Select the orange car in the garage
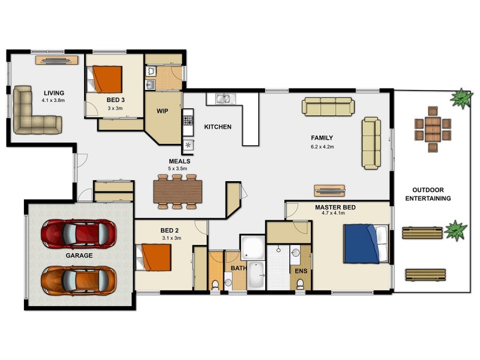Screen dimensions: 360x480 (x=78, y=278)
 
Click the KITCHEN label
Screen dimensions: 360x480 (x=218, y=127)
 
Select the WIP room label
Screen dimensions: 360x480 (x=163, y=111)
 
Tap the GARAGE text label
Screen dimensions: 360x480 (x=79, y=256)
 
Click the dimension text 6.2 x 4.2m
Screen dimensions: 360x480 (x=322, y=146)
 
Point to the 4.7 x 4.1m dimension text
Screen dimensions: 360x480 (x=335, y=214)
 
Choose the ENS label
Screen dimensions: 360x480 (x=301, y=271)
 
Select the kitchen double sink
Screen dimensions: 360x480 (x=223, y=98)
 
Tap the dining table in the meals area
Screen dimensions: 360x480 (x=178, y=191)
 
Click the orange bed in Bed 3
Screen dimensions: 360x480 (x=109, y=78)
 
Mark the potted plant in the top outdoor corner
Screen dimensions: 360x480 (x=461, y=97)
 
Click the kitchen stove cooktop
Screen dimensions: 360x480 (x=188, y=122)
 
